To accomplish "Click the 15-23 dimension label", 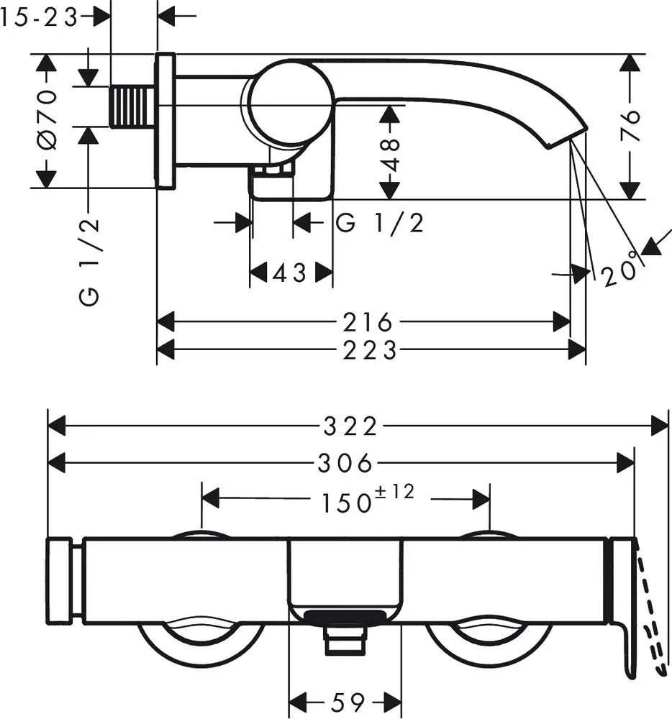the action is click(39, 19).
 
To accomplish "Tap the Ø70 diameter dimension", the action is click(47, 120).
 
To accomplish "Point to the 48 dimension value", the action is click(391, 155).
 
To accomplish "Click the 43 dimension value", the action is click(289, 273).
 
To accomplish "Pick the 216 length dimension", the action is click(368, 322).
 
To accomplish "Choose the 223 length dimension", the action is click(370, 351).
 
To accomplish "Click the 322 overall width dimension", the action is click(350, 426).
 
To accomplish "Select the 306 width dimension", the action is click(345, 463).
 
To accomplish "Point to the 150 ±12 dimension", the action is click(368, 498).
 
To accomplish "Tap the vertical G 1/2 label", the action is click(89, 262).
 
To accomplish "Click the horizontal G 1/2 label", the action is click(380, 224).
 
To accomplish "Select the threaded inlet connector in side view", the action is click(133, 106).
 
